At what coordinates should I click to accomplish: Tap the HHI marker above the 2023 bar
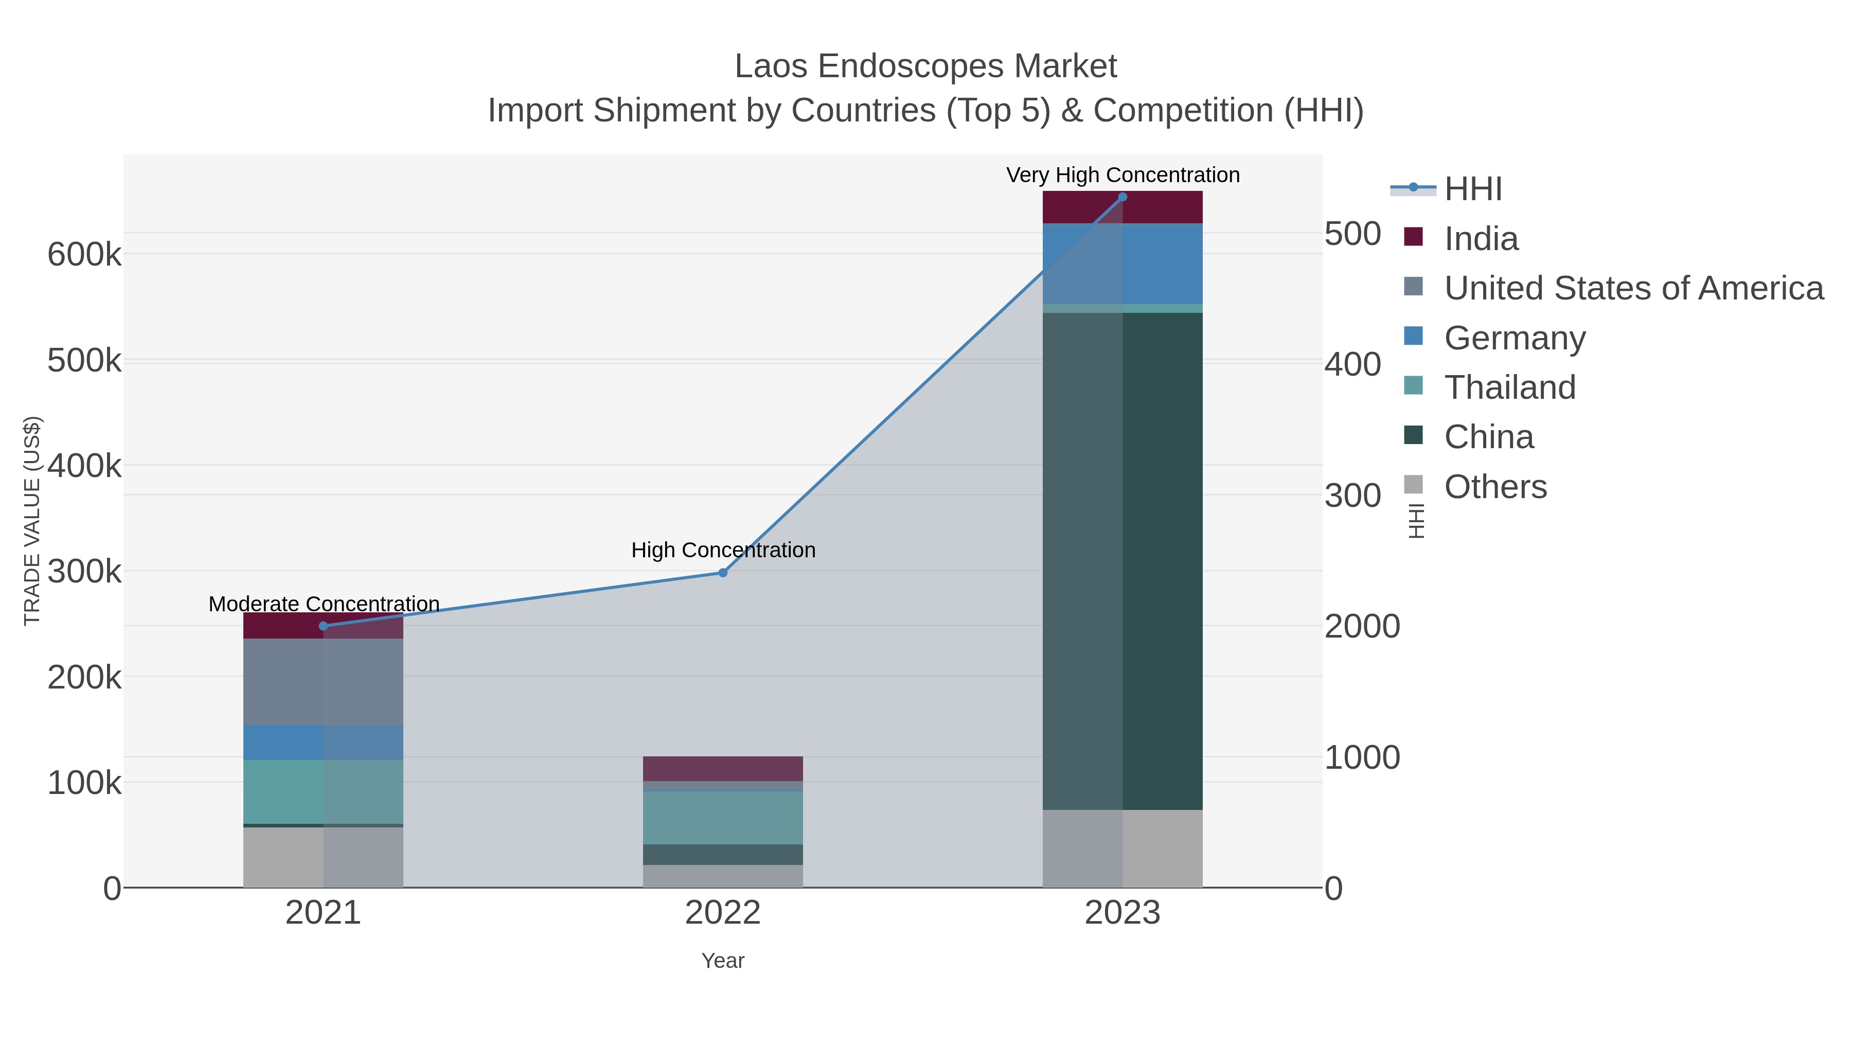pyautogui.click(x=1123, y=197)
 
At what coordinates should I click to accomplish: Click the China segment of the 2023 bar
pyautogui.click(x=1123, y=561)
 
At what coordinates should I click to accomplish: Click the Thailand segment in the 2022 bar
pyautogui.click(x=723, y=817)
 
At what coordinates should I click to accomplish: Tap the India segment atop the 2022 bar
pyautogui.click(x=723, y=768)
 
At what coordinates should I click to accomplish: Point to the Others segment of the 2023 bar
pyautogui.click(x=1123, y=848)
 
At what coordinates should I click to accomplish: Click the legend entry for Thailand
pyautogui.click(x=1510, y=387)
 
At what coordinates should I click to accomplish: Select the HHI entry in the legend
pyautogui.click(x=1472, y=189)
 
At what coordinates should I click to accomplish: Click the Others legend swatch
pyautogui.click(x=1414, y=485)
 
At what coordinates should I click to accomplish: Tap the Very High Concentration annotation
pyautogui.click(x=1123, y=175)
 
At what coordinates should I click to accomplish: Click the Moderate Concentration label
pyautogui.click(x=324, y=604)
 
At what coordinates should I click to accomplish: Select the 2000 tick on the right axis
pyautogui.click(x=1362, y=626)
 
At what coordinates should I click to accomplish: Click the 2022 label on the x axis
pyautogui.click(x=723, y=912)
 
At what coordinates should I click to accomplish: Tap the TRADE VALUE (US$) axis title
pyautogui.click(x=32, y=521)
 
